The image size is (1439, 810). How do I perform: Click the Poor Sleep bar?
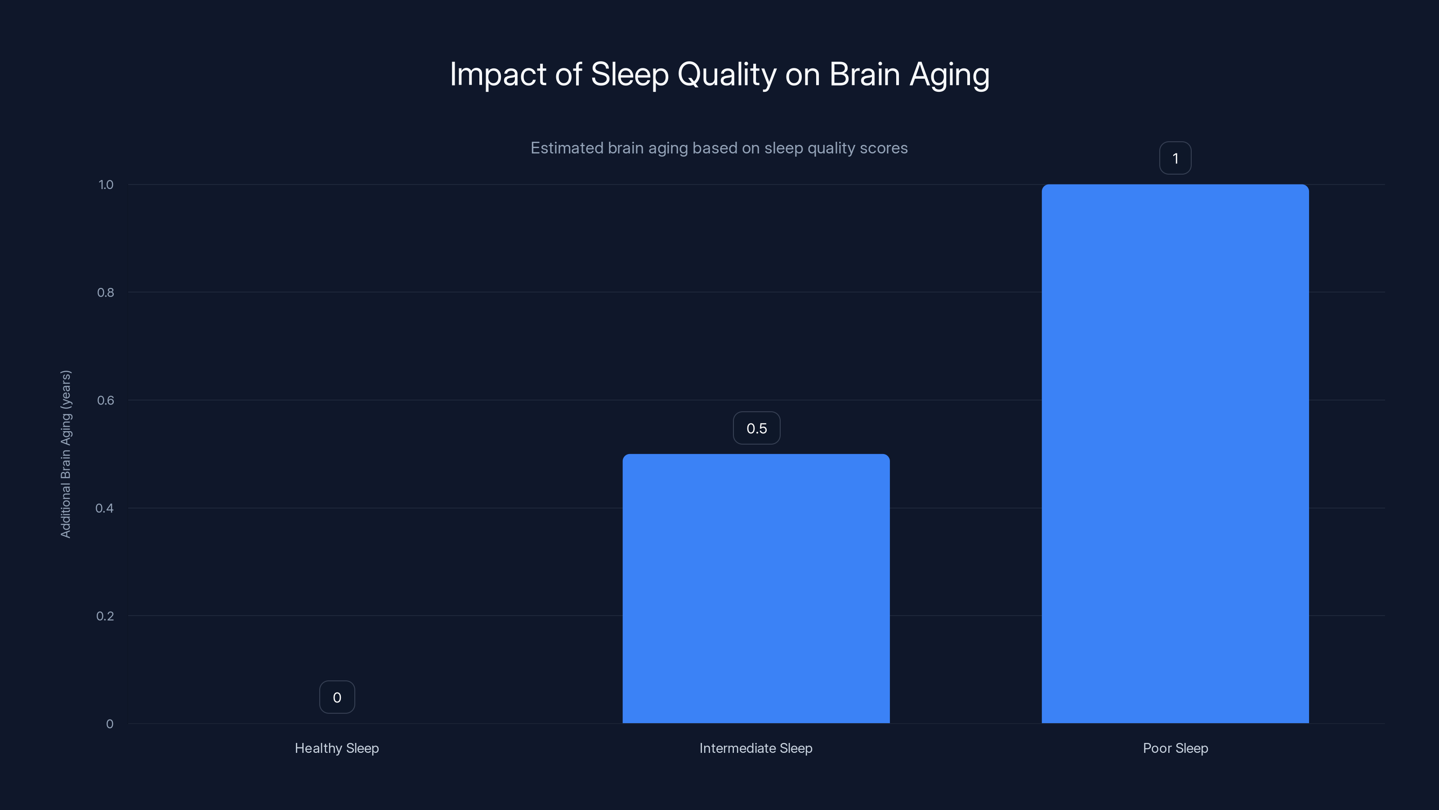tap(1175, 453)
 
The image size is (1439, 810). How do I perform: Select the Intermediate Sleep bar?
tap(756, 588)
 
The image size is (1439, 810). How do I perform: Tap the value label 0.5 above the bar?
tap(756, 428)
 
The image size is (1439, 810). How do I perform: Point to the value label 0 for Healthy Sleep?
tap(337, 697)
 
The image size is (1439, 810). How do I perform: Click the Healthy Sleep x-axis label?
tap(337, 748)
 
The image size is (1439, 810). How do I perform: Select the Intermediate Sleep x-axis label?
tap(756, 748)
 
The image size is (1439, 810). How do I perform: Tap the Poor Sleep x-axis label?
tap(1175, 748)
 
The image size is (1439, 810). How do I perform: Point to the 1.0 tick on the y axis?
tap(106, 185)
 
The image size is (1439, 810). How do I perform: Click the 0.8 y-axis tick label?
tap(106, 292)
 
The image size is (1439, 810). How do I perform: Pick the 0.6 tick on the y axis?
tap(106, 400)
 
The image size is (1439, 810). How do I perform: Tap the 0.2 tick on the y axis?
tap(105, 616)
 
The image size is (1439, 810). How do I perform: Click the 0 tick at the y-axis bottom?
tap(109, 724)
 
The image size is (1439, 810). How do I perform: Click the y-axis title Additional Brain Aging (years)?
tap(66, 454)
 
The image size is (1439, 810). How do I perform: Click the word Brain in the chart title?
tap(864, 74)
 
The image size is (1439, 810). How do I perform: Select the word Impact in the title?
tap(497, 74)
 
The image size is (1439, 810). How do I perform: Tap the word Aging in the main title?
tap(949, 75)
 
